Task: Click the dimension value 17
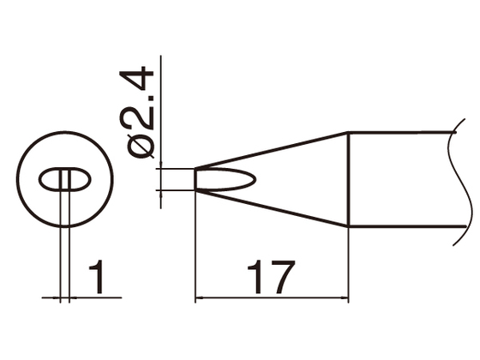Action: (271, 276)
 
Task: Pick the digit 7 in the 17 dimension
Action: (283, 276)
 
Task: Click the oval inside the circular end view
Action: (64, 181)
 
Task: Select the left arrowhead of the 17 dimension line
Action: (201, 299)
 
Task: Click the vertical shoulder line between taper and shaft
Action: (347, 180)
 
